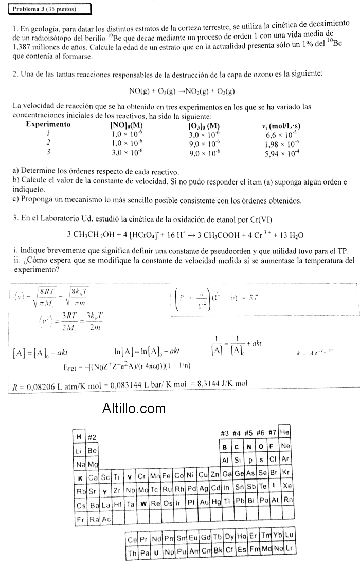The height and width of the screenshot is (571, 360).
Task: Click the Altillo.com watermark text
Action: coord(134,409)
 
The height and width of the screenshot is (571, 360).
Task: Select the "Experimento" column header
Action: coord(48,124)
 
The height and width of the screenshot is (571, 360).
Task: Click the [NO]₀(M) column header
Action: coord(127,125)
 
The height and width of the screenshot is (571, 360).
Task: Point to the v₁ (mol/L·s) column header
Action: coord(281,125)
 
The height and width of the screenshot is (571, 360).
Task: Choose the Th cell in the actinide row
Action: coord(132,553)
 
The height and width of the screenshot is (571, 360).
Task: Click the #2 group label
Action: coord(93,437)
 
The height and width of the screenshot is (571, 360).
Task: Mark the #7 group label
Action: coord(273,433)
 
